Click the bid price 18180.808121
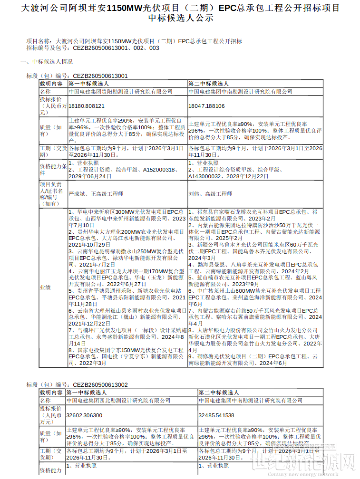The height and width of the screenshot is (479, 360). tap(86, 106)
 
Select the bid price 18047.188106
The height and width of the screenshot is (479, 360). tap(206, 106)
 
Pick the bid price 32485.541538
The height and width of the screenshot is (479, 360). tap(216, 415)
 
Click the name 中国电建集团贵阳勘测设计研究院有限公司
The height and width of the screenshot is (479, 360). tap(120, 92)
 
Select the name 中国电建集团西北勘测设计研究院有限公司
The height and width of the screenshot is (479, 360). tap(118, 401)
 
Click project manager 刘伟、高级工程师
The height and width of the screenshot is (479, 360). tap(210, 194)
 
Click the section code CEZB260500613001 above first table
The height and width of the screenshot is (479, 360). tap(100, 76)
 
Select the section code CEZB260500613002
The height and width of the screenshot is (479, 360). tap(100, 385)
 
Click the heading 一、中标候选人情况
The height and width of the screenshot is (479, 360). tap(47, 62)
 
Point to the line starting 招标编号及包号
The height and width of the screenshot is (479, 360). tap(93, 48)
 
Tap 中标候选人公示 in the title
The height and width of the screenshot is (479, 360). tap(180, 19)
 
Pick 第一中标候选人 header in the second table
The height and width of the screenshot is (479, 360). tap(86, 393)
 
